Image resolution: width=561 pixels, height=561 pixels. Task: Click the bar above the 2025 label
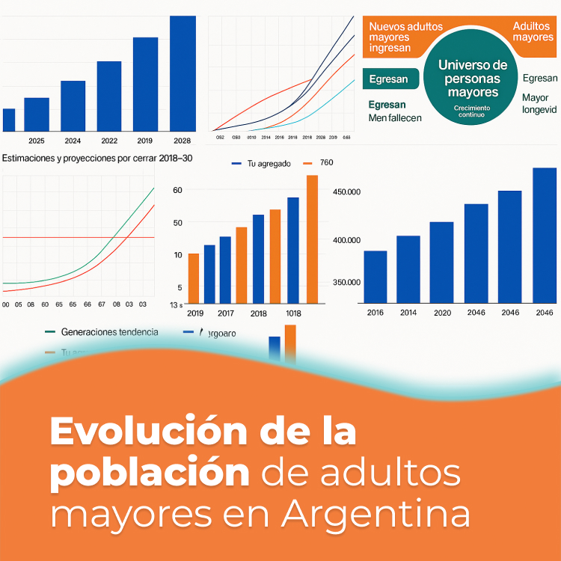37,114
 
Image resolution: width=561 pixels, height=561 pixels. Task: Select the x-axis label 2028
182,141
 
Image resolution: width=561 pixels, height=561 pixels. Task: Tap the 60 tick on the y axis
177,190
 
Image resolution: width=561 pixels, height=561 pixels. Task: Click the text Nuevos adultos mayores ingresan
405,37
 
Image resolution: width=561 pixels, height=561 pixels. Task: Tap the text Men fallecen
395,118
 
